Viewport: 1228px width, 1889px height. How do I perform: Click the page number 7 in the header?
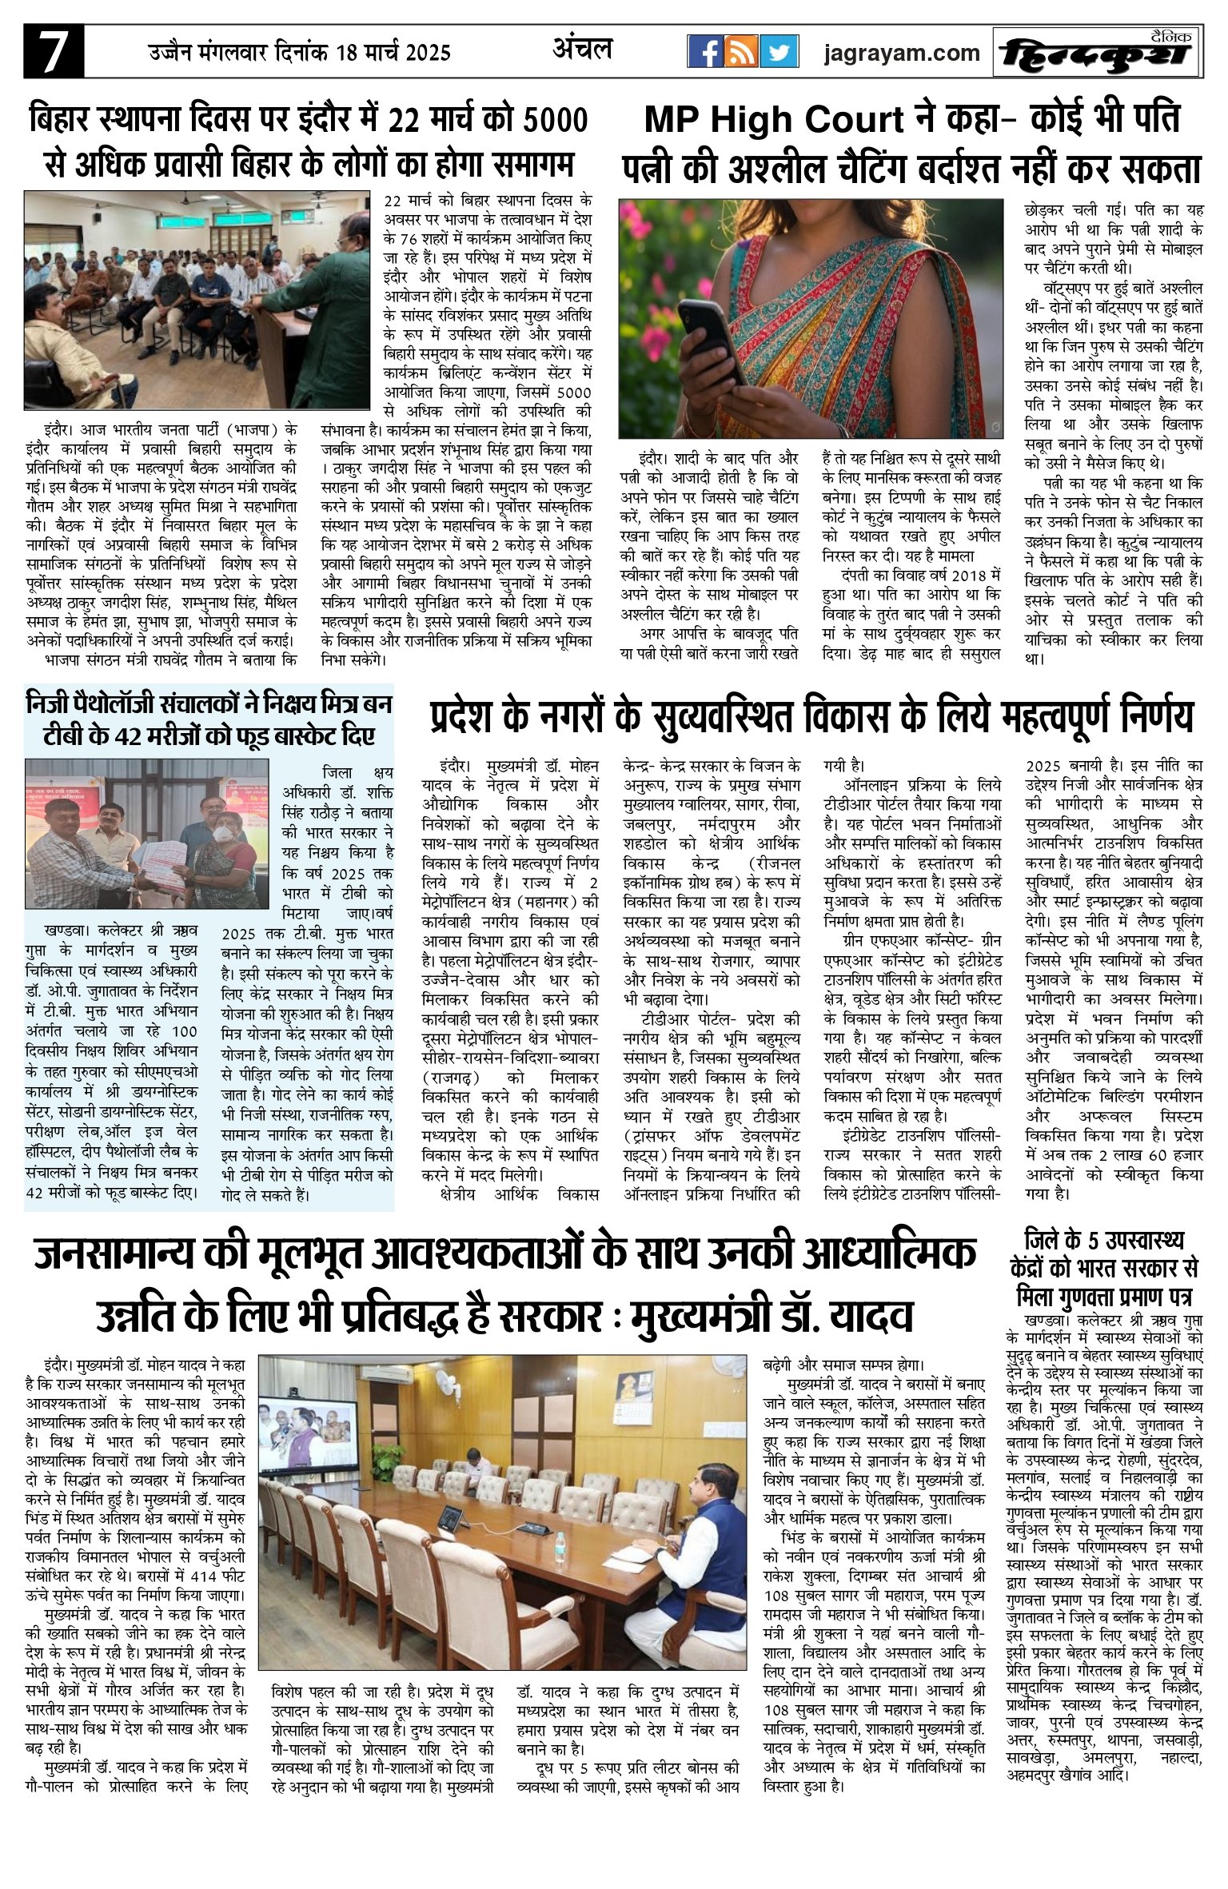(53, 53)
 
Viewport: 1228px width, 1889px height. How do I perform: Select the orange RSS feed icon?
(741, 53)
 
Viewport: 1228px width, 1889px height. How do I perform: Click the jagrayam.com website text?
(902, 54)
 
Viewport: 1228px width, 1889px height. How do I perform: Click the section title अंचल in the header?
(583, 50)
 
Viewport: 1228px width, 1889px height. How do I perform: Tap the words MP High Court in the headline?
(773, 121)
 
